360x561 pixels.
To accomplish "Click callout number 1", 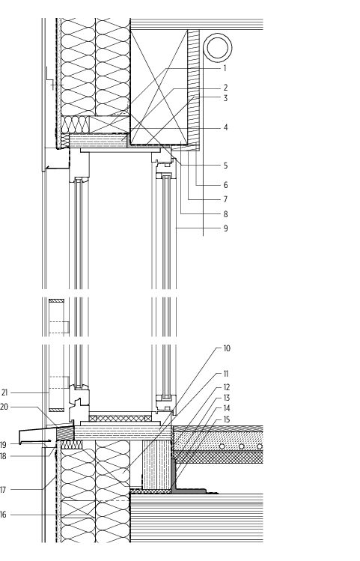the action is pos(225,68).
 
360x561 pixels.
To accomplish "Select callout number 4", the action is pos(225,127).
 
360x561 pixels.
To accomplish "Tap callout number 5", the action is pos(225,166).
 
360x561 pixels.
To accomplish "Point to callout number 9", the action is pos(225,228).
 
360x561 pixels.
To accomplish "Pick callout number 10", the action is pos(227,348).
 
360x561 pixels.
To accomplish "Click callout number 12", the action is pos(227,387).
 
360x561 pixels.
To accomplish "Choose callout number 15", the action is pos(227,419).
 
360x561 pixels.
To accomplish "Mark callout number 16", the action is pos(3,515).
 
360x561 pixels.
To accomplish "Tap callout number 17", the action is pos(3,490).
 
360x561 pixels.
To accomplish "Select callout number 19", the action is pos(3,445).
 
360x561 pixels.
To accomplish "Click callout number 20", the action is pos(4,407).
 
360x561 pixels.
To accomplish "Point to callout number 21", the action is pos(4,392).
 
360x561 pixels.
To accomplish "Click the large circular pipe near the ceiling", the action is pos(218,48).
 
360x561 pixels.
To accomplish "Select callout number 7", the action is pos(225,199).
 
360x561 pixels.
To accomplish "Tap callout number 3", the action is pos(225,98).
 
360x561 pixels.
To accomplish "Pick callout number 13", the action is pos(227,398).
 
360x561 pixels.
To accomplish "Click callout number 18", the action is pos(3,456).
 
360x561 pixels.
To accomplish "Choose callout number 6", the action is pos(225,185).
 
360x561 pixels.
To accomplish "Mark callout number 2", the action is pos(225,88).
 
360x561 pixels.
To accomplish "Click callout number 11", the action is pos(226,374).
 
